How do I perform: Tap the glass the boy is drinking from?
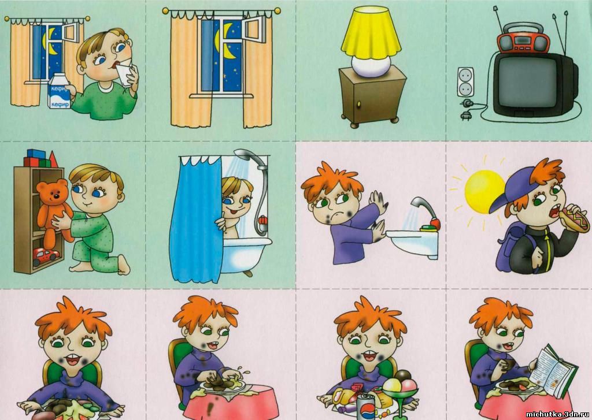click(125, 73)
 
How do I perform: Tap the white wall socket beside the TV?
click(465, 82)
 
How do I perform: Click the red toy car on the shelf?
click(46, 256)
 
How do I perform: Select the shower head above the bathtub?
click(249, 157)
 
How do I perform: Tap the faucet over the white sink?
click(425, 211)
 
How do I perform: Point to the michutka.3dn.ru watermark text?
click(557, 414)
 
